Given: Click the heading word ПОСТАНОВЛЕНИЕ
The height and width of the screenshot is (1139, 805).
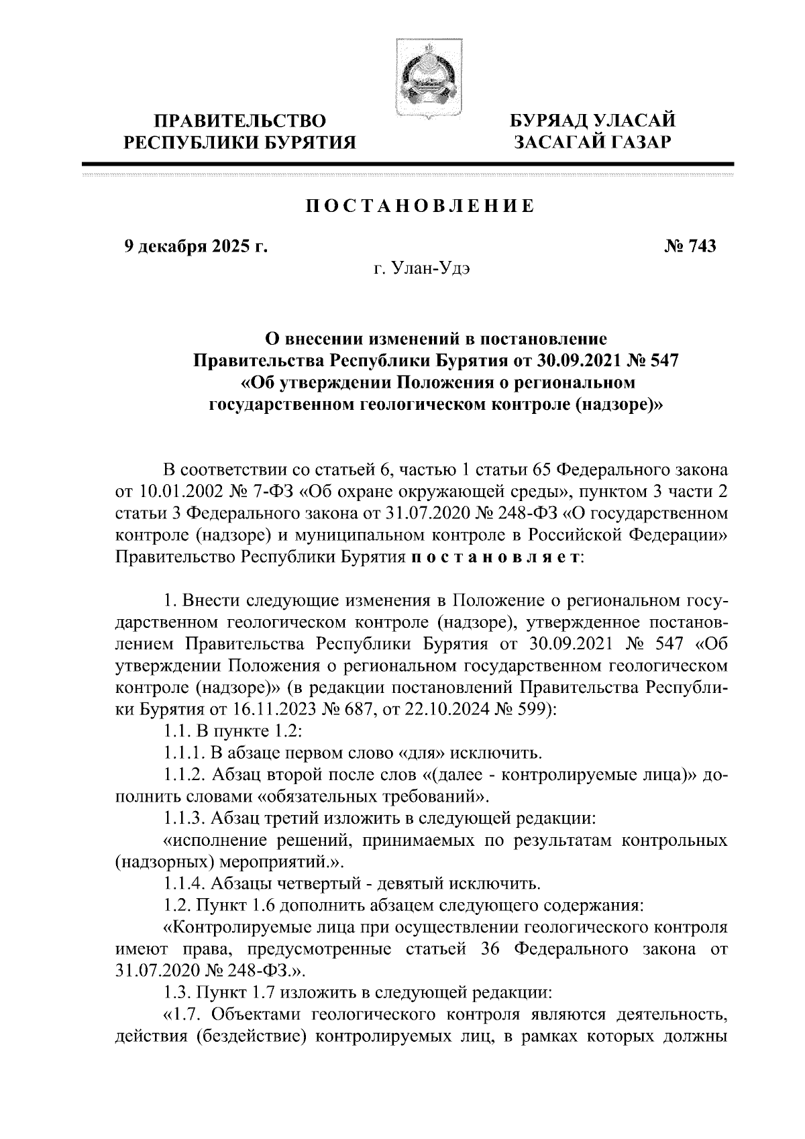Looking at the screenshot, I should [420, 206].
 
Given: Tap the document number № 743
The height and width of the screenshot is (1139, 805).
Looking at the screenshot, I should [690, 247].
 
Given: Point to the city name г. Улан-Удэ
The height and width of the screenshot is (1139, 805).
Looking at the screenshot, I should [423, 270].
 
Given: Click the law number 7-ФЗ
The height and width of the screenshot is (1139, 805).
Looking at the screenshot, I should [272, 492].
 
